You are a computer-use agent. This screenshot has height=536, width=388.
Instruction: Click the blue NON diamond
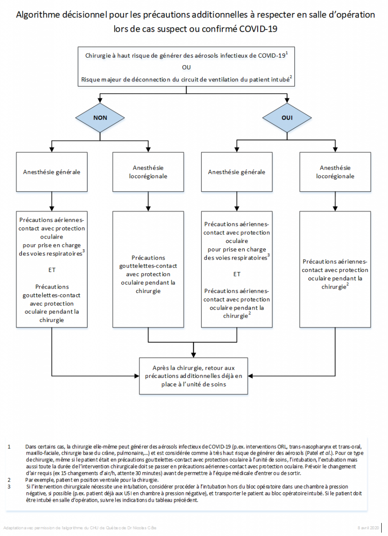tap(100, 118)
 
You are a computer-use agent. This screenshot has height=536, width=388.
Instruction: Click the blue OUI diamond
tap(287, 118)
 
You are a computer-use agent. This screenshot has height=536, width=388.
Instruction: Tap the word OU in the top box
tap(186, 67)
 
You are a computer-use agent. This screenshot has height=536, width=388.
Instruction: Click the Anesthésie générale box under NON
tap(52, 172)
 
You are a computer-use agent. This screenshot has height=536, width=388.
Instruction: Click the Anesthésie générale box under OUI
tap(237, 172)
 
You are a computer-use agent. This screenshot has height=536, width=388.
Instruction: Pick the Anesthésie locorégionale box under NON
tap(148, 172)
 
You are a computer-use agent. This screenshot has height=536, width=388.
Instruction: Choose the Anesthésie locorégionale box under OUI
tap(335, 172)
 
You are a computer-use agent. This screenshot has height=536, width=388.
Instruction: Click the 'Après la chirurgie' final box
tap(193, 376)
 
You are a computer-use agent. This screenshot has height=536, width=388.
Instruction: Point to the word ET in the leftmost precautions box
tap(52, 270)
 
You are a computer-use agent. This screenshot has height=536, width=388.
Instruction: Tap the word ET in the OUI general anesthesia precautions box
tap(237, 274)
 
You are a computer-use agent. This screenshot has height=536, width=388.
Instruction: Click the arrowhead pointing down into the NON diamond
tap(100, 100)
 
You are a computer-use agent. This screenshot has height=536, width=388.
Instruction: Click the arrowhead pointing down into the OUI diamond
tap(287, 100)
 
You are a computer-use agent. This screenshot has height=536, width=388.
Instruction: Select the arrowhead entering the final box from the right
tap(250, 376)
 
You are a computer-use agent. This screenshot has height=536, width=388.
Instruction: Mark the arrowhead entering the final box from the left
tap(137, 376)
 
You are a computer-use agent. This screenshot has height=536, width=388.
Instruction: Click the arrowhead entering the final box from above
tap(193, 355)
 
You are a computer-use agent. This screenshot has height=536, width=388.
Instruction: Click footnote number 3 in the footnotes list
tap(9, 486)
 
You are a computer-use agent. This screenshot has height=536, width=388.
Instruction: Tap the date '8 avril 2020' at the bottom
tap(368, 528)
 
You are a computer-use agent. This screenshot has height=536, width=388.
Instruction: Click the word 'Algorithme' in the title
tap(38, 15)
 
